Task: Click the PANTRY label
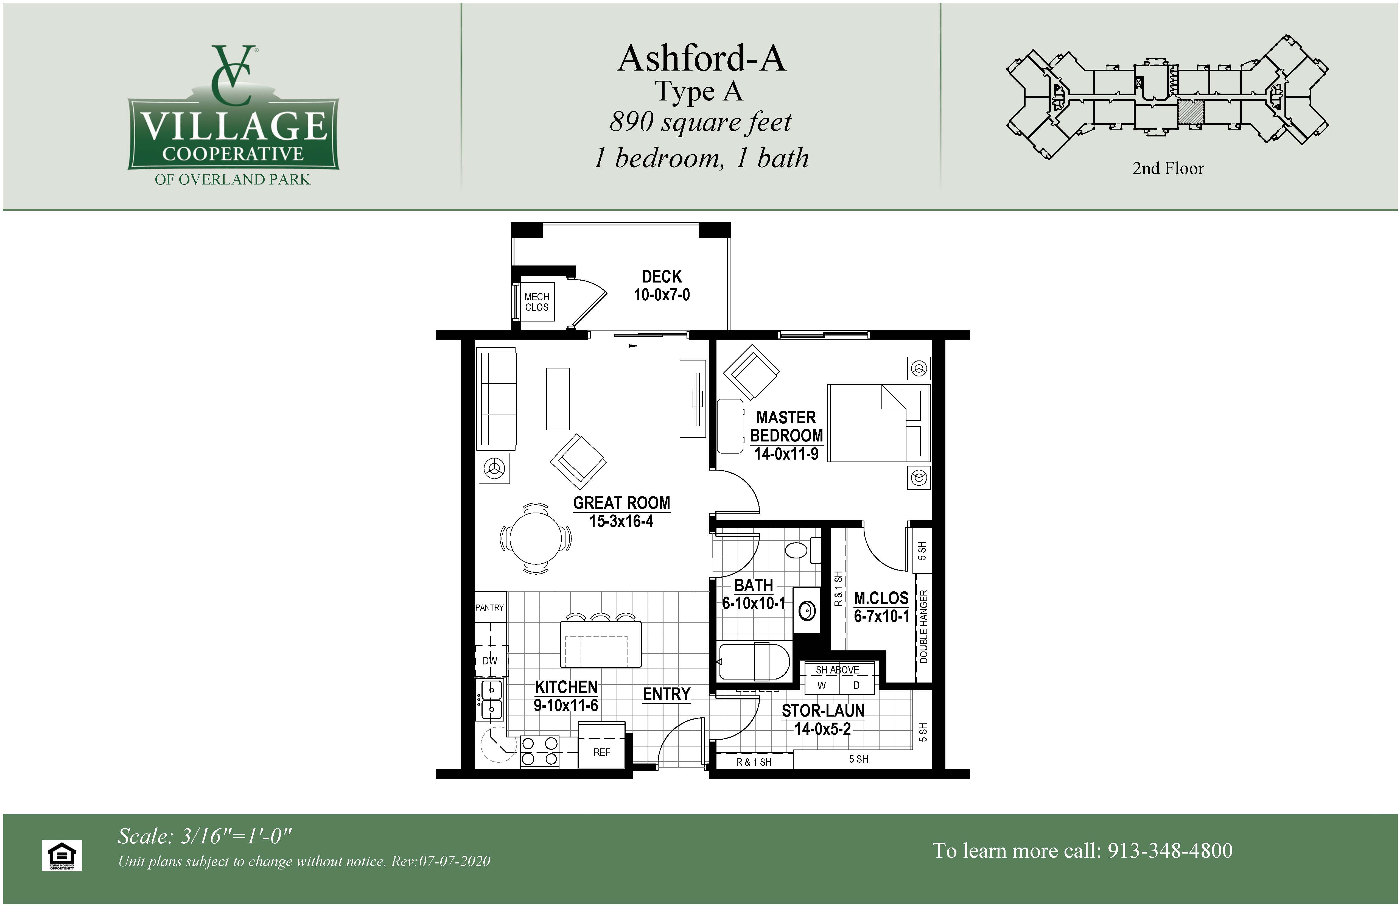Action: coord(489,607)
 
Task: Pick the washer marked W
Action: coord(822,685)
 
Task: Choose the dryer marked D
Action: coord(856,685)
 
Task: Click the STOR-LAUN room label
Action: coord(823,711)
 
